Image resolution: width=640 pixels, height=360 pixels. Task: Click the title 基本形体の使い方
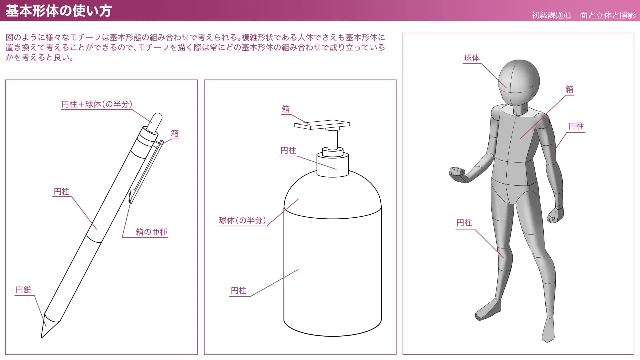pyautogui.click(x=59, y=11)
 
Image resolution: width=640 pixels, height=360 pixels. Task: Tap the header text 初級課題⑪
pyautogui.click(x=551, y=15)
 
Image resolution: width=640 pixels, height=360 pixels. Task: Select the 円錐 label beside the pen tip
pyautogui.click(x=23, y=290)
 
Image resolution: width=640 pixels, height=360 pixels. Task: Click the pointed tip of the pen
pyautogui.click(x=42, y=337)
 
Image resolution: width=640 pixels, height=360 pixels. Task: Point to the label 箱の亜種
pyautogui.click(x=152, y=232)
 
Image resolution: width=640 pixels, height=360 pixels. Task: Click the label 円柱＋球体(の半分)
pyautogui.click(x=97, y=104)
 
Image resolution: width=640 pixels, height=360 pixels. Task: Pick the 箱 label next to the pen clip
pyautogui.click(x=175, y=134)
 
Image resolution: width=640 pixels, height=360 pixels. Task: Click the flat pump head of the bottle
pyautogui.click(x=322, y=124)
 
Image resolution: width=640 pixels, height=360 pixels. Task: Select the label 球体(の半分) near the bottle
pyautogui.click(x=242, y=220)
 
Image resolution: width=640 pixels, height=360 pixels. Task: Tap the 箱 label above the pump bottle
pyautogui.click(x=286, y=109)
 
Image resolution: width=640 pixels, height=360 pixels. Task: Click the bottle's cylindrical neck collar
pyautogui.click(x=333, y=164)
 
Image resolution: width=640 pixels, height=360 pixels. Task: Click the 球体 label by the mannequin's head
pyautogui.click(x=472, y=58)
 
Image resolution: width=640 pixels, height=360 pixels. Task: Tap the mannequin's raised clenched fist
pyautogui.click(x=457, y=174)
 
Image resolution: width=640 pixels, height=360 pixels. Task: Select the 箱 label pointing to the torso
pyautogui.click(x=569, y=89)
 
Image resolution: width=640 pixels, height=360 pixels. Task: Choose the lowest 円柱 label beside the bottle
pyautogui.click(x=239, y=291)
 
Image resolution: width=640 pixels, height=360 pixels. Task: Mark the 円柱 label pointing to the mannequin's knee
pyautogui.click(x=464, y=223)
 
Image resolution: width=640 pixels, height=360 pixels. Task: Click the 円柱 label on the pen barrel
pyautogui.click(x=62, y=192)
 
